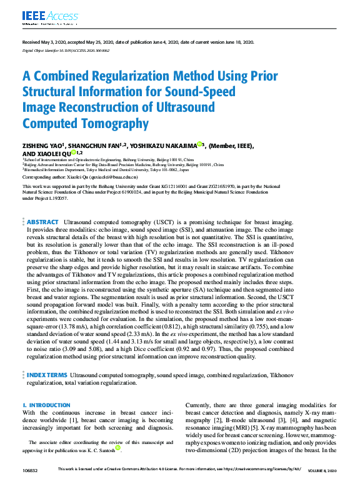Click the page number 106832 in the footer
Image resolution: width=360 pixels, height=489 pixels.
pyautogui.click(x=31, y=470)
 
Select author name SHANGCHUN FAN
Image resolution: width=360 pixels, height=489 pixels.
pyautogui.click(x=91, y=146)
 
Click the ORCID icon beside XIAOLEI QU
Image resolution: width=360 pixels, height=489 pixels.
pyautogui.click(x=73, y=152)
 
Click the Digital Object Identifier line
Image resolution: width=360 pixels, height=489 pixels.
pyautogui.click(x=66, y=50)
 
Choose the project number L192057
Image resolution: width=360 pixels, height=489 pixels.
pyautogui.click(x=65, y=199)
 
